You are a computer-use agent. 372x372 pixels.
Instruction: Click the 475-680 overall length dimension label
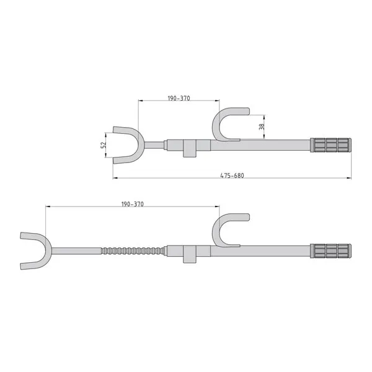click(x=232, y=175)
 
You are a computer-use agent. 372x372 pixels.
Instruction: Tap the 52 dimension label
click(x=103, y=145)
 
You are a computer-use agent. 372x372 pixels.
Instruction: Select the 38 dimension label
click(x=262, y=126)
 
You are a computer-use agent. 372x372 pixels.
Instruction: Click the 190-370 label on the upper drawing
click(x=179, y=98)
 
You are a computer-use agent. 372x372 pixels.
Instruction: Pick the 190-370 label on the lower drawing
click(x=133, y=204)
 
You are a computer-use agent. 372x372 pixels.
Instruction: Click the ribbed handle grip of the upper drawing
click(x=330, y=145)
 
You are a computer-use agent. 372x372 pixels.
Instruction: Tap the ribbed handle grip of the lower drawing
click(x=330, y=250)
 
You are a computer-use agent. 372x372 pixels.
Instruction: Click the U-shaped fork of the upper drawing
click(x=141, y=145)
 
